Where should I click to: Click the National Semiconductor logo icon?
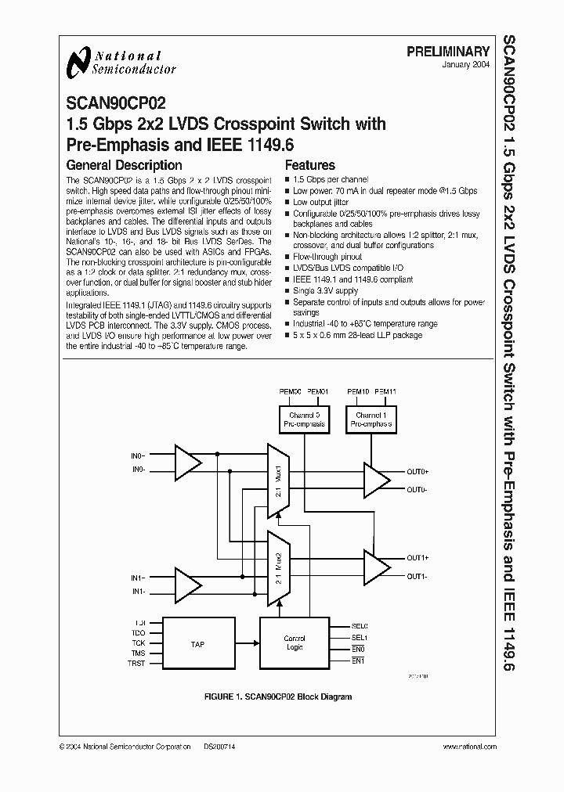tap(78, 62)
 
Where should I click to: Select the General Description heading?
tap(124, 165)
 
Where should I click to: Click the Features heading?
tap(309, 165)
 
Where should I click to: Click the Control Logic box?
tap(295, 643)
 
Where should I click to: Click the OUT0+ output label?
tap(418, 472)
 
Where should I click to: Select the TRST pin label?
tap(137, 662)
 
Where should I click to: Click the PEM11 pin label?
tap(385, 391)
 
